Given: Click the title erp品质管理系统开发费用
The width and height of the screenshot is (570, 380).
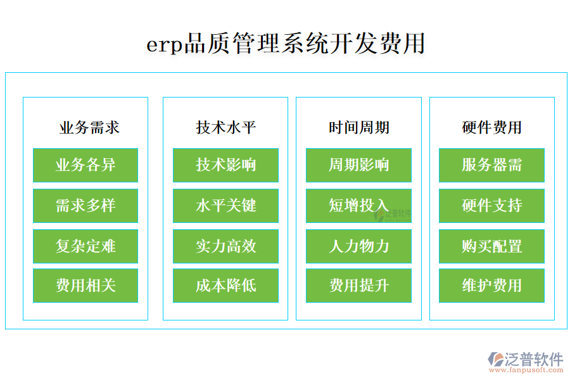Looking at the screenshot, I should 286,44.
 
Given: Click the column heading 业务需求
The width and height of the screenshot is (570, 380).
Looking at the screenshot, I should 89,128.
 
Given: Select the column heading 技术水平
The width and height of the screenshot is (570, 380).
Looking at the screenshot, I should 225,128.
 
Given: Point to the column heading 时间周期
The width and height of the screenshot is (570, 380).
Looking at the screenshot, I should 358,128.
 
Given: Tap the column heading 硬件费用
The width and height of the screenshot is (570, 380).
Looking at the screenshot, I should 491,128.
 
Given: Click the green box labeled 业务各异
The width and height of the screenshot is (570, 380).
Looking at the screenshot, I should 85,165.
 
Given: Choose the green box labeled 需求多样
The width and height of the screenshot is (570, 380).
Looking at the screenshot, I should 85,206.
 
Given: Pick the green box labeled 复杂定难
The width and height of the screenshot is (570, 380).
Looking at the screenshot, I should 85,246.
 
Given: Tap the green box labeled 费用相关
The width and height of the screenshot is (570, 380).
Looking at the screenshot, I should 85,286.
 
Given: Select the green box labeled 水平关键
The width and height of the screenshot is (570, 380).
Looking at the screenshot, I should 225,206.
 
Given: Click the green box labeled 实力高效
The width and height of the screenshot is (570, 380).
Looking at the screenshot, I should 225,246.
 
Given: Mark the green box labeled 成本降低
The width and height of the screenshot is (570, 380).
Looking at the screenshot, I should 225,286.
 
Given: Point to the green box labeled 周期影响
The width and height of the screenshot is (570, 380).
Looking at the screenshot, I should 358,165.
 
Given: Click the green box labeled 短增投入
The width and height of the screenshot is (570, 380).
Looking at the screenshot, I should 358,206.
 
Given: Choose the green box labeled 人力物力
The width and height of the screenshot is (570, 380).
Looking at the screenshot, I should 358,246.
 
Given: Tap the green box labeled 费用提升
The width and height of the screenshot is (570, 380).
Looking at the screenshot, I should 358,286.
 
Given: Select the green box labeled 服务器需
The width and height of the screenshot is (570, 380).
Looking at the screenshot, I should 491,165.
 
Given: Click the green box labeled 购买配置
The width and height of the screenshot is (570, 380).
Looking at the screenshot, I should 491,246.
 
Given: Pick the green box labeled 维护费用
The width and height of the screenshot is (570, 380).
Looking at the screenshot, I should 491,286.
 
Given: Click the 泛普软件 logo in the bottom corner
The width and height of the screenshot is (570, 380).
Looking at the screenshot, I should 525,362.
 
